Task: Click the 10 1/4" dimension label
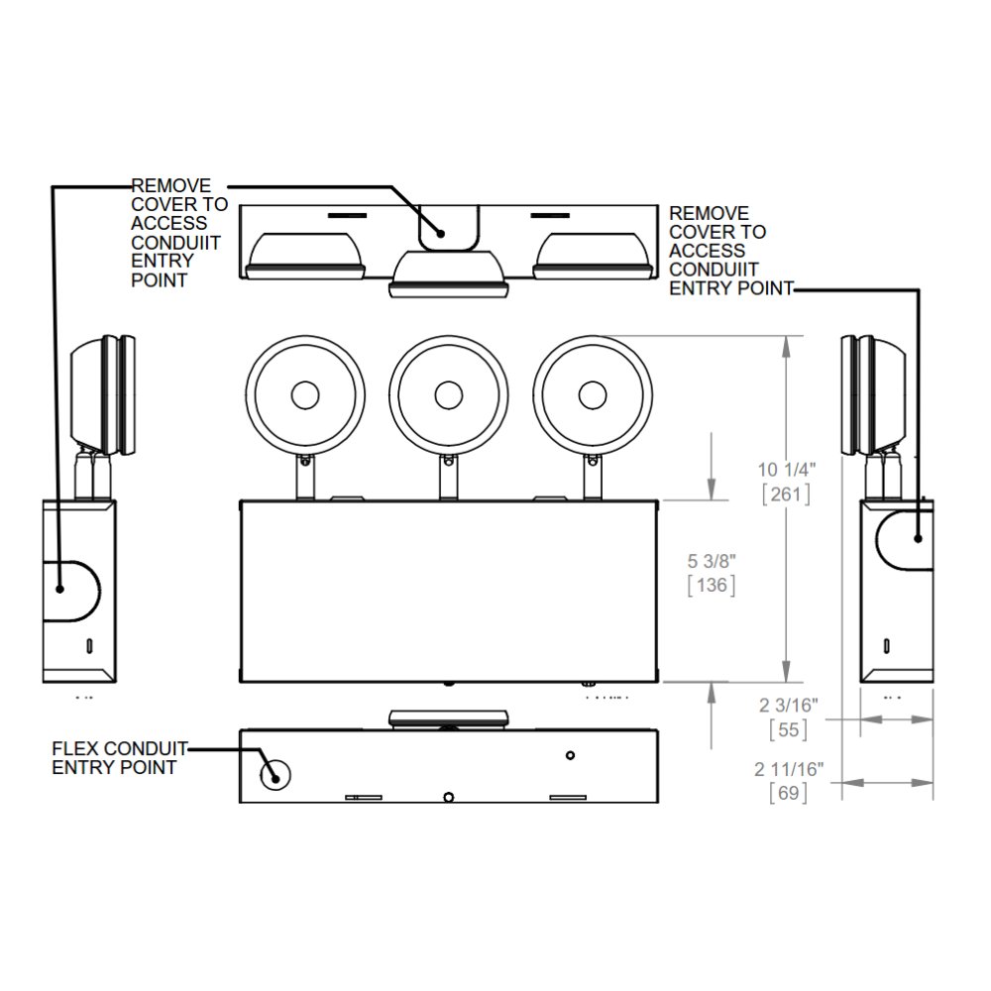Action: click(787, 470)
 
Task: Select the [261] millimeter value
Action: click(786, 494)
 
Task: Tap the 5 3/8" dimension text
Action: click(712, 561)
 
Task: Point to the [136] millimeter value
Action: click(712, 585)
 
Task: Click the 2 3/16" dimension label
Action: click(789, 706)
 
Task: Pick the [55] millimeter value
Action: click(789, 730)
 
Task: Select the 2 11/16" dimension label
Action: click(790, 769)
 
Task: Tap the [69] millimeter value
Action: click(789, 793)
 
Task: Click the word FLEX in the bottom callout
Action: click(73, 749)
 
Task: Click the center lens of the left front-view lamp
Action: click(305, 395)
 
